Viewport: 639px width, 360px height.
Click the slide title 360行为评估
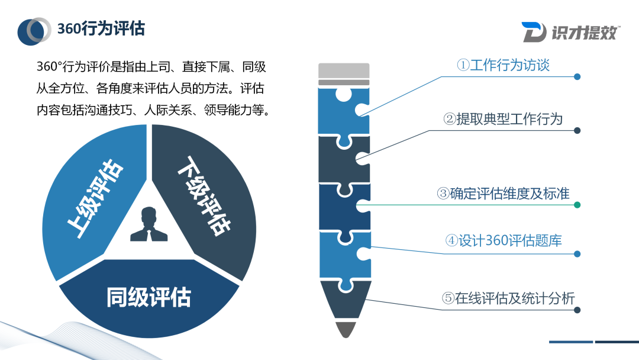pyautogui.click(x=101, y=29)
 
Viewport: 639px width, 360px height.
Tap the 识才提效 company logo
pyautogui.click(x=570, y=32)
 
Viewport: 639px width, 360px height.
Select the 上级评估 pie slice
pyautogui.click(x=95, y=198)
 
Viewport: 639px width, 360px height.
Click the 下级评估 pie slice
pyautogui.click(x=207, y=195)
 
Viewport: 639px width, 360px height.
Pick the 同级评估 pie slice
pyautogui.click(x=149, y=297)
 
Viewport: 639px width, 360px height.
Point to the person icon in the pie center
pyautogui.click(x=149, y=224)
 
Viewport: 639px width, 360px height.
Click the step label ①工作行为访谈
pyautogui.click(x=503, y=65)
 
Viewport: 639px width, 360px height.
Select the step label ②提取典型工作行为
pyautogui.click(x=503, y=119)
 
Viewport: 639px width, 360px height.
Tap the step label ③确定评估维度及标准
pyautogui.click(x=503, y=194)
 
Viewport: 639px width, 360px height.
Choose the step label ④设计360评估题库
pyautogui.click(x=503, y=240)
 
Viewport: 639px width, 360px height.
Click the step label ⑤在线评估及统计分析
pyautogui.click(x=508, y=298)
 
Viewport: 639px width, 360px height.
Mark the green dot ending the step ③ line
pyautogui.click(x=577, y=205)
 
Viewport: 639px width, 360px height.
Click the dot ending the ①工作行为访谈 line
pyautogui.click(x=577, y=76)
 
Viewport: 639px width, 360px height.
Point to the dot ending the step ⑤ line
pyautogui.click(x=577, y=310)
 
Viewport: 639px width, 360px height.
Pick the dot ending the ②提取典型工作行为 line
pyautogui.click(x=577, y=130)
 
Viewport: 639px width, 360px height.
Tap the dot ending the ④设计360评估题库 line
pyautogui.click(x=577, y=254)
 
